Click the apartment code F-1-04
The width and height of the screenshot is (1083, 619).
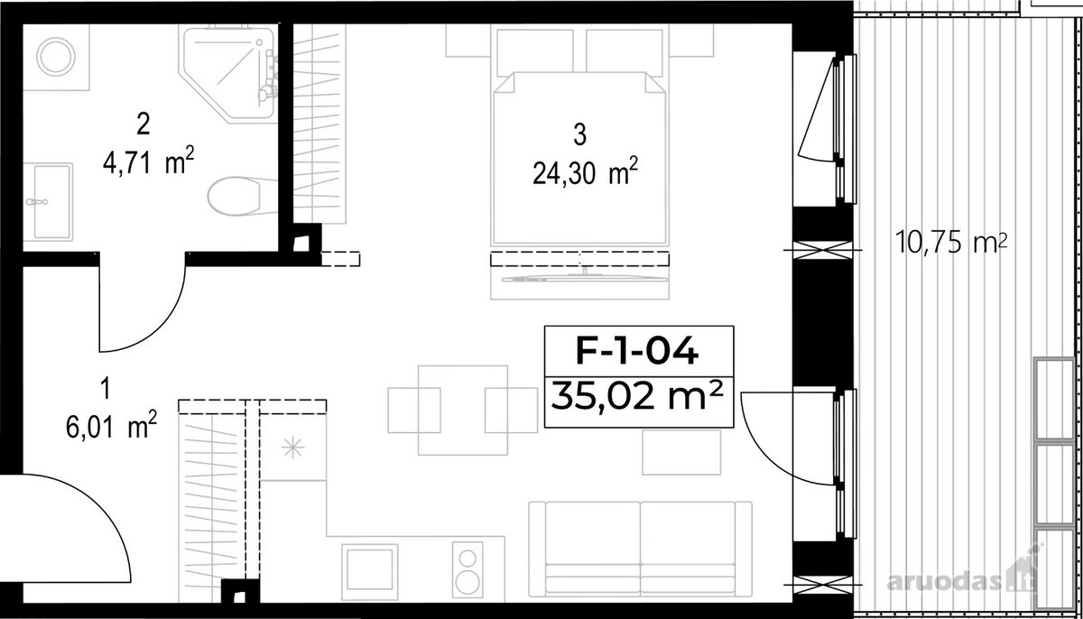click(x=637, y=351)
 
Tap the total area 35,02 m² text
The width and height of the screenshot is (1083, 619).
click(x=637, y=395)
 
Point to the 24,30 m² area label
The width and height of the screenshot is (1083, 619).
click(x=586, y=171)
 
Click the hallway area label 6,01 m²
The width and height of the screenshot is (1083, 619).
click(x=111, y=425)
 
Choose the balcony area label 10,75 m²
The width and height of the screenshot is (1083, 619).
click(x=951, y=242)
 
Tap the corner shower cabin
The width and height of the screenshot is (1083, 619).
click(x=227, y=73)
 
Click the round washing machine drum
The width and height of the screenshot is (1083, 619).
click(x=56, y=57)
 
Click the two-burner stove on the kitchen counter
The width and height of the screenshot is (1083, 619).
click(x=467, y=575)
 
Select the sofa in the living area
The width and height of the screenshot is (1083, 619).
click(x=640, y=556)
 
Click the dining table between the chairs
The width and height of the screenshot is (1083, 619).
click(x=463, y=411)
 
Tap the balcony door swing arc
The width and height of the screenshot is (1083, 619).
click(x=759, y=449)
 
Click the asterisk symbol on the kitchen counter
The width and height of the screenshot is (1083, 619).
click(x=292, y=448)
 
